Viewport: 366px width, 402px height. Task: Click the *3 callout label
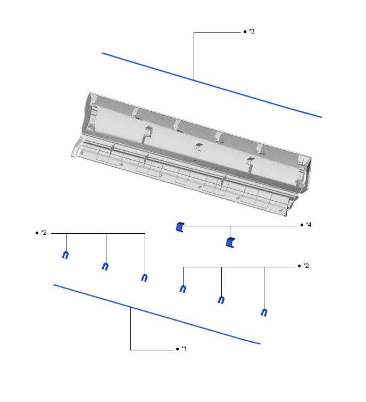252,32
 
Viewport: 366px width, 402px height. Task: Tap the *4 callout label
308,225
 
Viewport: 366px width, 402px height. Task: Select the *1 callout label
184,349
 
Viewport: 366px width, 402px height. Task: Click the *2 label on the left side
44,233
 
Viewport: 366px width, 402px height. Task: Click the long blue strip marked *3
213,86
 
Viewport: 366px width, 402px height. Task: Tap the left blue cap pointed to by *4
180,227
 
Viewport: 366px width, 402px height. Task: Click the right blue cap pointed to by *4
230,243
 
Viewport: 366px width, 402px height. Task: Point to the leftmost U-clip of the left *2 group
65,255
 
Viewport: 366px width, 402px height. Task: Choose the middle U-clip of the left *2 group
105,266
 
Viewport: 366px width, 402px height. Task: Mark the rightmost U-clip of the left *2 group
144,277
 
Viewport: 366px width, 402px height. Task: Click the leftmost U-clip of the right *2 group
182,289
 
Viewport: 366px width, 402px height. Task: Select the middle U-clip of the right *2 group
221,300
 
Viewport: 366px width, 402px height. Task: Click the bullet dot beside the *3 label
244,32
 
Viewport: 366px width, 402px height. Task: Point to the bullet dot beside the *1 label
177,349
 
